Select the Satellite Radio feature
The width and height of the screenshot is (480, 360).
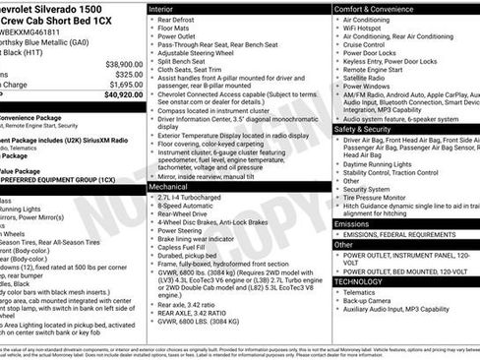point(370,76)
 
